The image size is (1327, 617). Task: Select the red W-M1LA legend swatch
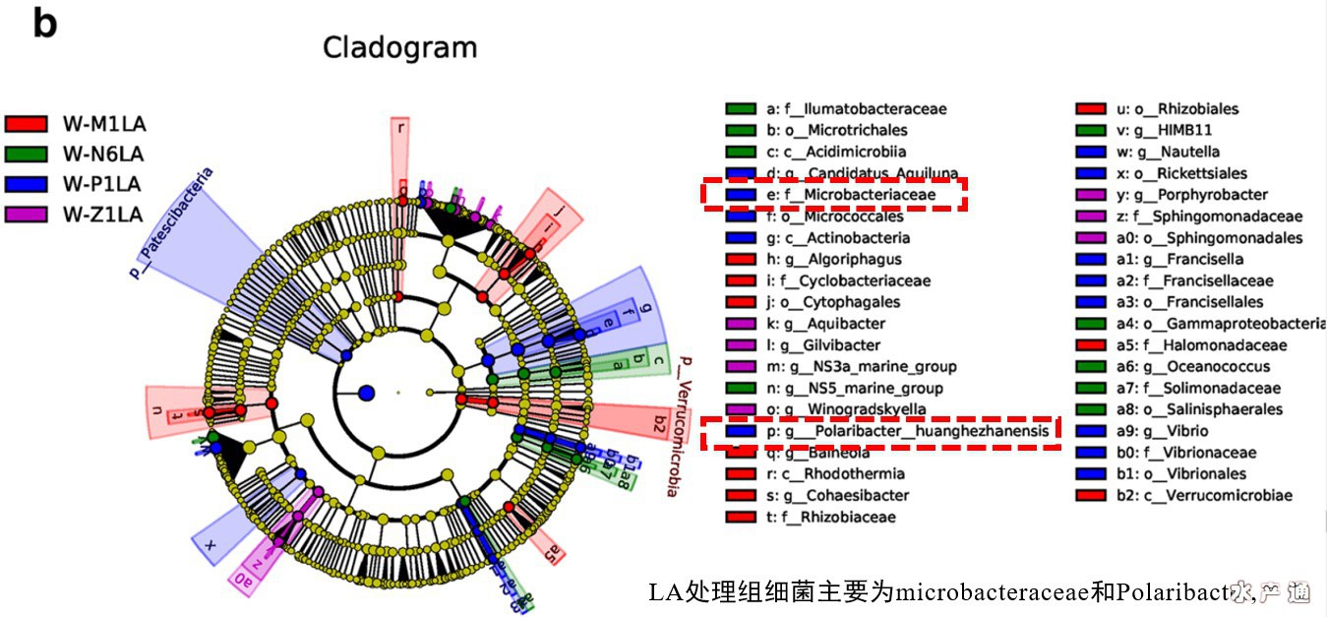[x=27, y=123]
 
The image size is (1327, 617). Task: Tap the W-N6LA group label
[x=103, y=154]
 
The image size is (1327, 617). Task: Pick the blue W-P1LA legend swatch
[x=27, y=184]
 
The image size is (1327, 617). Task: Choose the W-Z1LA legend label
[x=103, y=214]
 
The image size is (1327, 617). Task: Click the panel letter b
[x=44, y=23]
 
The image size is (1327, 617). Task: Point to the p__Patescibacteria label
[x=170, y=223]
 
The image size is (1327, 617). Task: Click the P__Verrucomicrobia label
[x=674, y=426]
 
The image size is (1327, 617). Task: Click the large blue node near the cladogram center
[x=367, y=393]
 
